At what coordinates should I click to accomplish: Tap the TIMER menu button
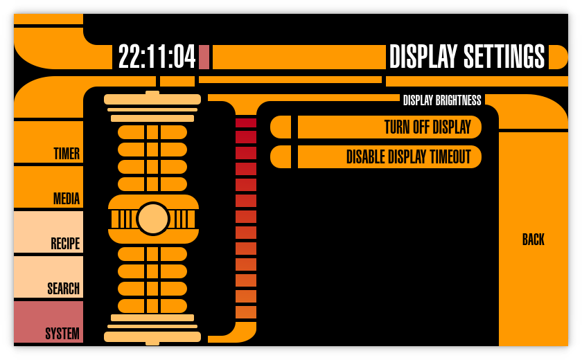point(48,143)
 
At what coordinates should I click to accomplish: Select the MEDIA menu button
point(48,188)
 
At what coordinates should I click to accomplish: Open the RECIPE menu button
point(48,233)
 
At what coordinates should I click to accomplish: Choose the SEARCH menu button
point(48,278)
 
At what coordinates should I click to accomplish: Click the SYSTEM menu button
point(48,323)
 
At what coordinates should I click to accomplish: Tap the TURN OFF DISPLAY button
point(389,127)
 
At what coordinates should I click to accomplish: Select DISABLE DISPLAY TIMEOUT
point(389,157)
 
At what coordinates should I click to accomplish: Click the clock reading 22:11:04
point(157,57)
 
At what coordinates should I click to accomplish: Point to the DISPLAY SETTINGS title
point(467,57)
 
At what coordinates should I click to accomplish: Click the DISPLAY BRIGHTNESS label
point(442,100)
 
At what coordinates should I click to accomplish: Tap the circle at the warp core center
point(153,219)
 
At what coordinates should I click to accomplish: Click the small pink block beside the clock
point(204,57)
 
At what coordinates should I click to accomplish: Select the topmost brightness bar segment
point(246,123)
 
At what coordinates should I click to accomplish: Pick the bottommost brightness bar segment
point(246,312)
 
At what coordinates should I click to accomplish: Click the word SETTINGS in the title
point(504,57)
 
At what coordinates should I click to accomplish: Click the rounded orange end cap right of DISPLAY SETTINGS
point(558,57)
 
